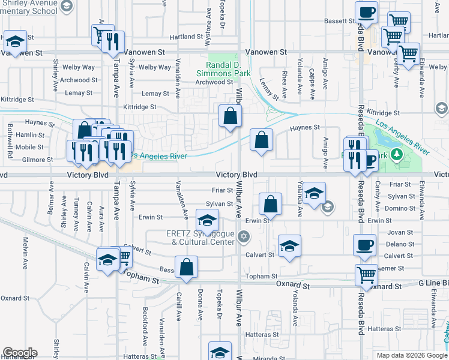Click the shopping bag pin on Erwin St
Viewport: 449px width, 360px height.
(271, 204)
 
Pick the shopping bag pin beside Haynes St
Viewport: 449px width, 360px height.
(261, 140)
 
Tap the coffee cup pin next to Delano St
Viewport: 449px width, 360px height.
(365, 245)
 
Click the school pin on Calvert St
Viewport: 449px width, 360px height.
(289, 246)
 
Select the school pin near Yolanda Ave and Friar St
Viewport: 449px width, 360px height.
(314, 193)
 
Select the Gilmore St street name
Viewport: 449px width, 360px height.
(34, 160)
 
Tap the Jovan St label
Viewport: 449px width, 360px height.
(400, 232)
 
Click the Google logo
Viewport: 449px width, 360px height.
(19, 353)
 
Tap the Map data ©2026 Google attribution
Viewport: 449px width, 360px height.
(411, 355)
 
